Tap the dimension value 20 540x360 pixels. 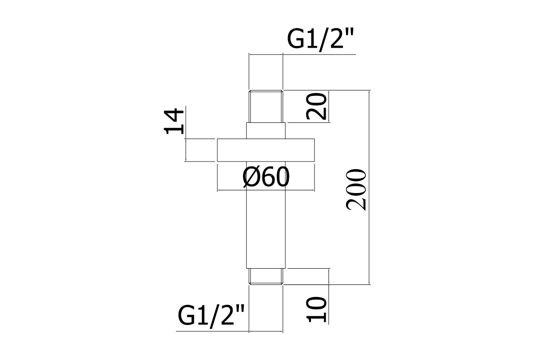316,106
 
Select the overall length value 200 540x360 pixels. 356,190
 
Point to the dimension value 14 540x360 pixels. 174,121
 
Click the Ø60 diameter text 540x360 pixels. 266,177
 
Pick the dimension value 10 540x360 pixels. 316,310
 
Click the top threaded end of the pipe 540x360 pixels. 266,106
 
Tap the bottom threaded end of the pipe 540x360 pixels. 266,276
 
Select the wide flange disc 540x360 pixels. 266,150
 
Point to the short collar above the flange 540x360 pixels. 266,130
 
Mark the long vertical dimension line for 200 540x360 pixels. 369,187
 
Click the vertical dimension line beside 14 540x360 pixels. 186,133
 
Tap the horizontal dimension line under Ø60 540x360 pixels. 266,190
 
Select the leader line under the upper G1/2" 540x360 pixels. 302,54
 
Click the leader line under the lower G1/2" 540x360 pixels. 229,331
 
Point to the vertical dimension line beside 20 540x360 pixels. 329,106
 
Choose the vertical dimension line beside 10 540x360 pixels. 329,297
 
